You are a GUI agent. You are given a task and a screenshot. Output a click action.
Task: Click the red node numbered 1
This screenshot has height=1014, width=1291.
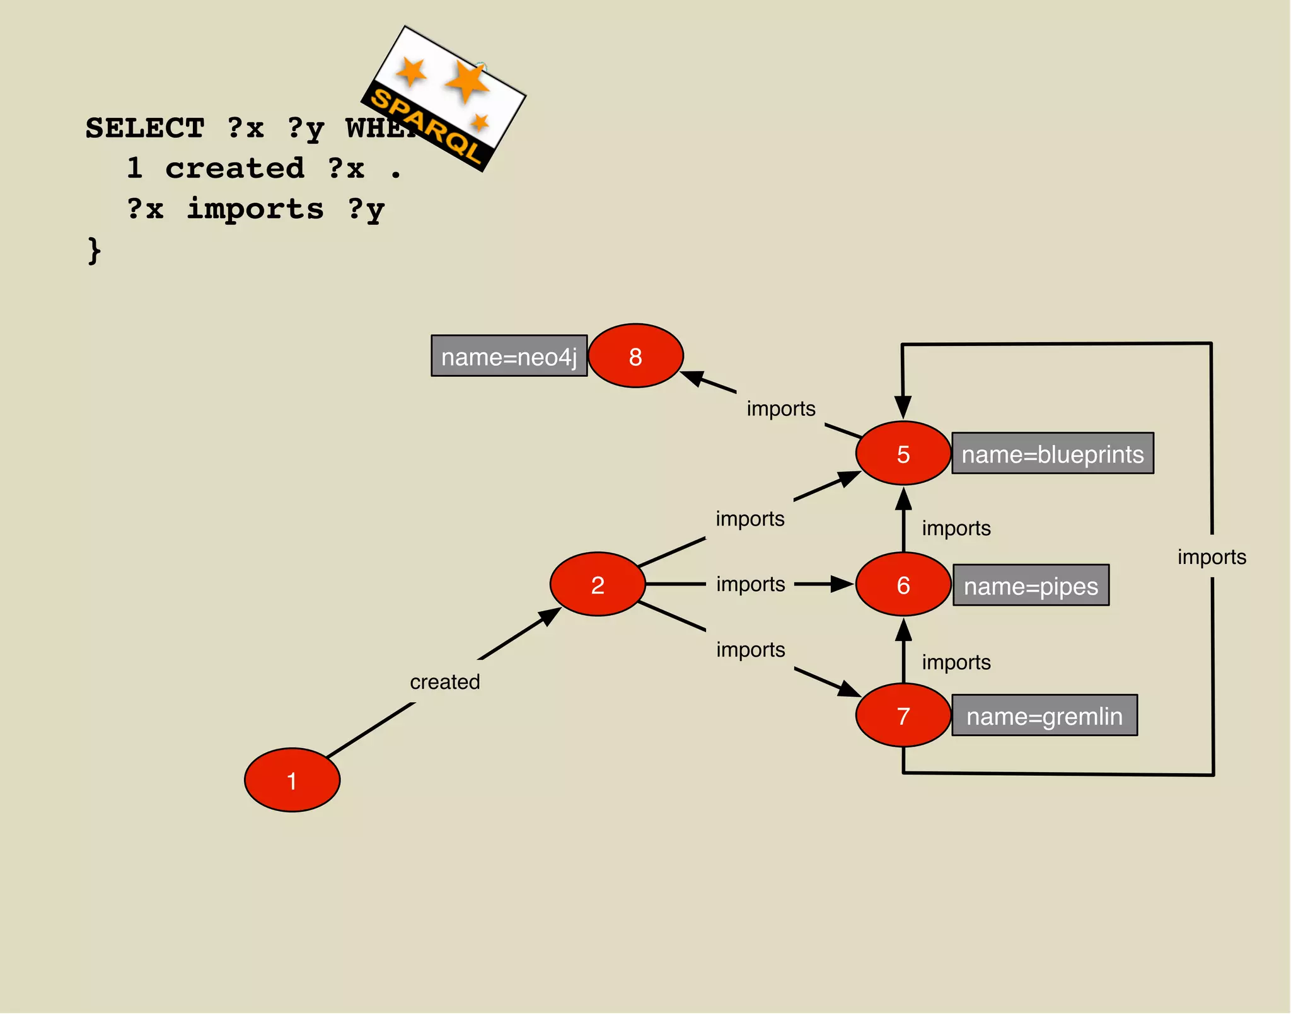(292, 780)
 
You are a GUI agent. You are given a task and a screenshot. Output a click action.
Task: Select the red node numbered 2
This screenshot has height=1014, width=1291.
(598, 584)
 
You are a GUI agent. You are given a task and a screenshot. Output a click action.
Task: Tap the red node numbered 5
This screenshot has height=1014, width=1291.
(903, 453)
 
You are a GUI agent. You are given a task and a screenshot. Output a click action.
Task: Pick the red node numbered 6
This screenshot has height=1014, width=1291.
(903, 584)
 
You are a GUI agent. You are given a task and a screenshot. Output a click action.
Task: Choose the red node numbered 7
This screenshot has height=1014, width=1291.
(903, 715)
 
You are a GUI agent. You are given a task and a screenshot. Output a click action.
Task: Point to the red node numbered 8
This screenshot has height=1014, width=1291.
(635, 356)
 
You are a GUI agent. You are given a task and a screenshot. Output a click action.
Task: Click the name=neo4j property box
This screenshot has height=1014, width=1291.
(509, 356)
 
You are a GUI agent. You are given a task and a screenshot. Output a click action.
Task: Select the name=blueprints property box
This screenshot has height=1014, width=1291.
(1052, 453)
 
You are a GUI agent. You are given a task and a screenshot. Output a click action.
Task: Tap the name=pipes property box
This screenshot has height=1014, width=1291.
(1031, 585)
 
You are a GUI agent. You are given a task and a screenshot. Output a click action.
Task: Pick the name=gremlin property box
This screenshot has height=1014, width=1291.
(1044, 715)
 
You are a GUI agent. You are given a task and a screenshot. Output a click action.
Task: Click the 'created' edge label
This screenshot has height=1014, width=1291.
(445, 681)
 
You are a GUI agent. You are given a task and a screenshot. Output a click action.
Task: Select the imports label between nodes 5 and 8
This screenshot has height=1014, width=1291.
(781, 408)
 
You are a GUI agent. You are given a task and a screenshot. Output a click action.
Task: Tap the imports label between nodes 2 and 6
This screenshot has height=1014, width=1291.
(750, 584)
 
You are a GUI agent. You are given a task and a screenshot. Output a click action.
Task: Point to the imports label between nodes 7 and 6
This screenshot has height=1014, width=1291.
(956, 662)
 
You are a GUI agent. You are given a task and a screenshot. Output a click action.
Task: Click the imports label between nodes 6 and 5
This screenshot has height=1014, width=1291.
(956, 528)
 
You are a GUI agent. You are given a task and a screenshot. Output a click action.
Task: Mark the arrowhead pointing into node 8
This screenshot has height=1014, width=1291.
(693, 377)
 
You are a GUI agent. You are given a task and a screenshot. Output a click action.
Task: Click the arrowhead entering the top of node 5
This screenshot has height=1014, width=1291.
(903, 406)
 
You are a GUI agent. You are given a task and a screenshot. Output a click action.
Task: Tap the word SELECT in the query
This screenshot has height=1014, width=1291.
(145, 128)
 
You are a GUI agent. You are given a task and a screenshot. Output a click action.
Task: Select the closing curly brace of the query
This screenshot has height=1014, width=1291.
(94, 250)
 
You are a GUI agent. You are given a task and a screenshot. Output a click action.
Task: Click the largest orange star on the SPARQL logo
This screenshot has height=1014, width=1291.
(467, 81)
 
